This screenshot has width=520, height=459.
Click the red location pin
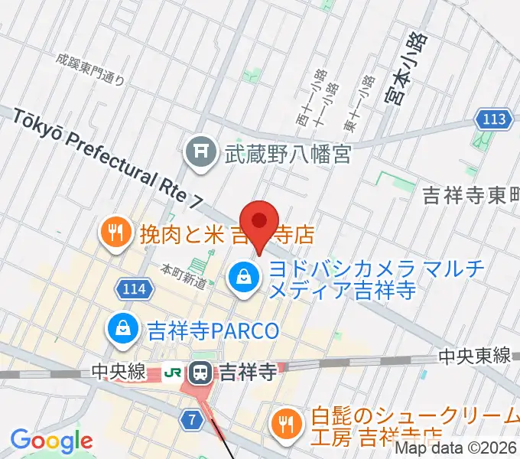tap(259, 222)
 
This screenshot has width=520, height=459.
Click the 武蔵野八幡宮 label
tap(287, 154)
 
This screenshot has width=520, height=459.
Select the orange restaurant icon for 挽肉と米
tap(117, 233)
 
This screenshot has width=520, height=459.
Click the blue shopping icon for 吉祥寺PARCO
tap(122, 330)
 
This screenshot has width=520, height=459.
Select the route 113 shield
tap(490, 119)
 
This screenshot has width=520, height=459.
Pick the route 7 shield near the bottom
tap(191, 418)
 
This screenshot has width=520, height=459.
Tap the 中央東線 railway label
tap(474, 356)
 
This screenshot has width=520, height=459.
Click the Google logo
tap(52, 441)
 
